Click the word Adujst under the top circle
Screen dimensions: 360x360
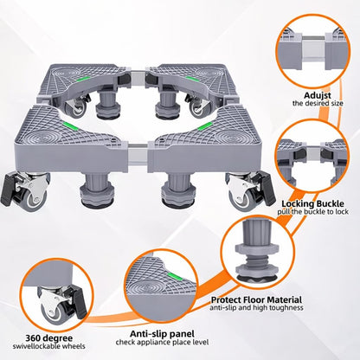click(x=318, y=95)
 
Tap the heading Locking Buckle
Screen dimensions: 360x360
click(x=312, y=203)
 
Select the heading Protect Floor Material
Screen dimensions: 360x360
click(x=256, y=299)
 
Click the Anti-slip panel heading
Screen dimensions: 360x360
click(x=162, y=334)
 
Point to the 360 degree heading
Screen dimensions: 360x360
click(x=49, y=337)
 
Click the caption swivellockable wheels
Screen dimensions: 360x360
click(x=49, y=346)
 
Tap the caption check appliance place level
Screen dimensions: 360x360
click(x=162, y=343)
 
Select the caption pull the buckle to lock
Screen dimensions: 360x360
click(x=313, y=212)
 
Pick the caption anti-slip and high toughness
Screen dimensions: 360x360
click(x=256, y=307)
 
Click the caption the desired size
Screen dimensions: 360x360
click(x=318, y=103)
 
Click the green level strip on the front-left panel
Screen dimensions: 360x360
click(x=68, y=125)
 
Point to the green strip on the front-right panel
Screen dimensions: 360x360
click(x=204, y=126)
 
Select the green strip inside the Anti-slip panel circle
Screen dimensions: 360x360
click(x=175, y=276)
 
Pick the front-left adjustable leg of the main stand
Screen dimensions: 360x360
click(x=91, y=190)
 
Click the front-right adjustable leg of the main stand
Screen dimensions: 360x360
click(x=175, y=190)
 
